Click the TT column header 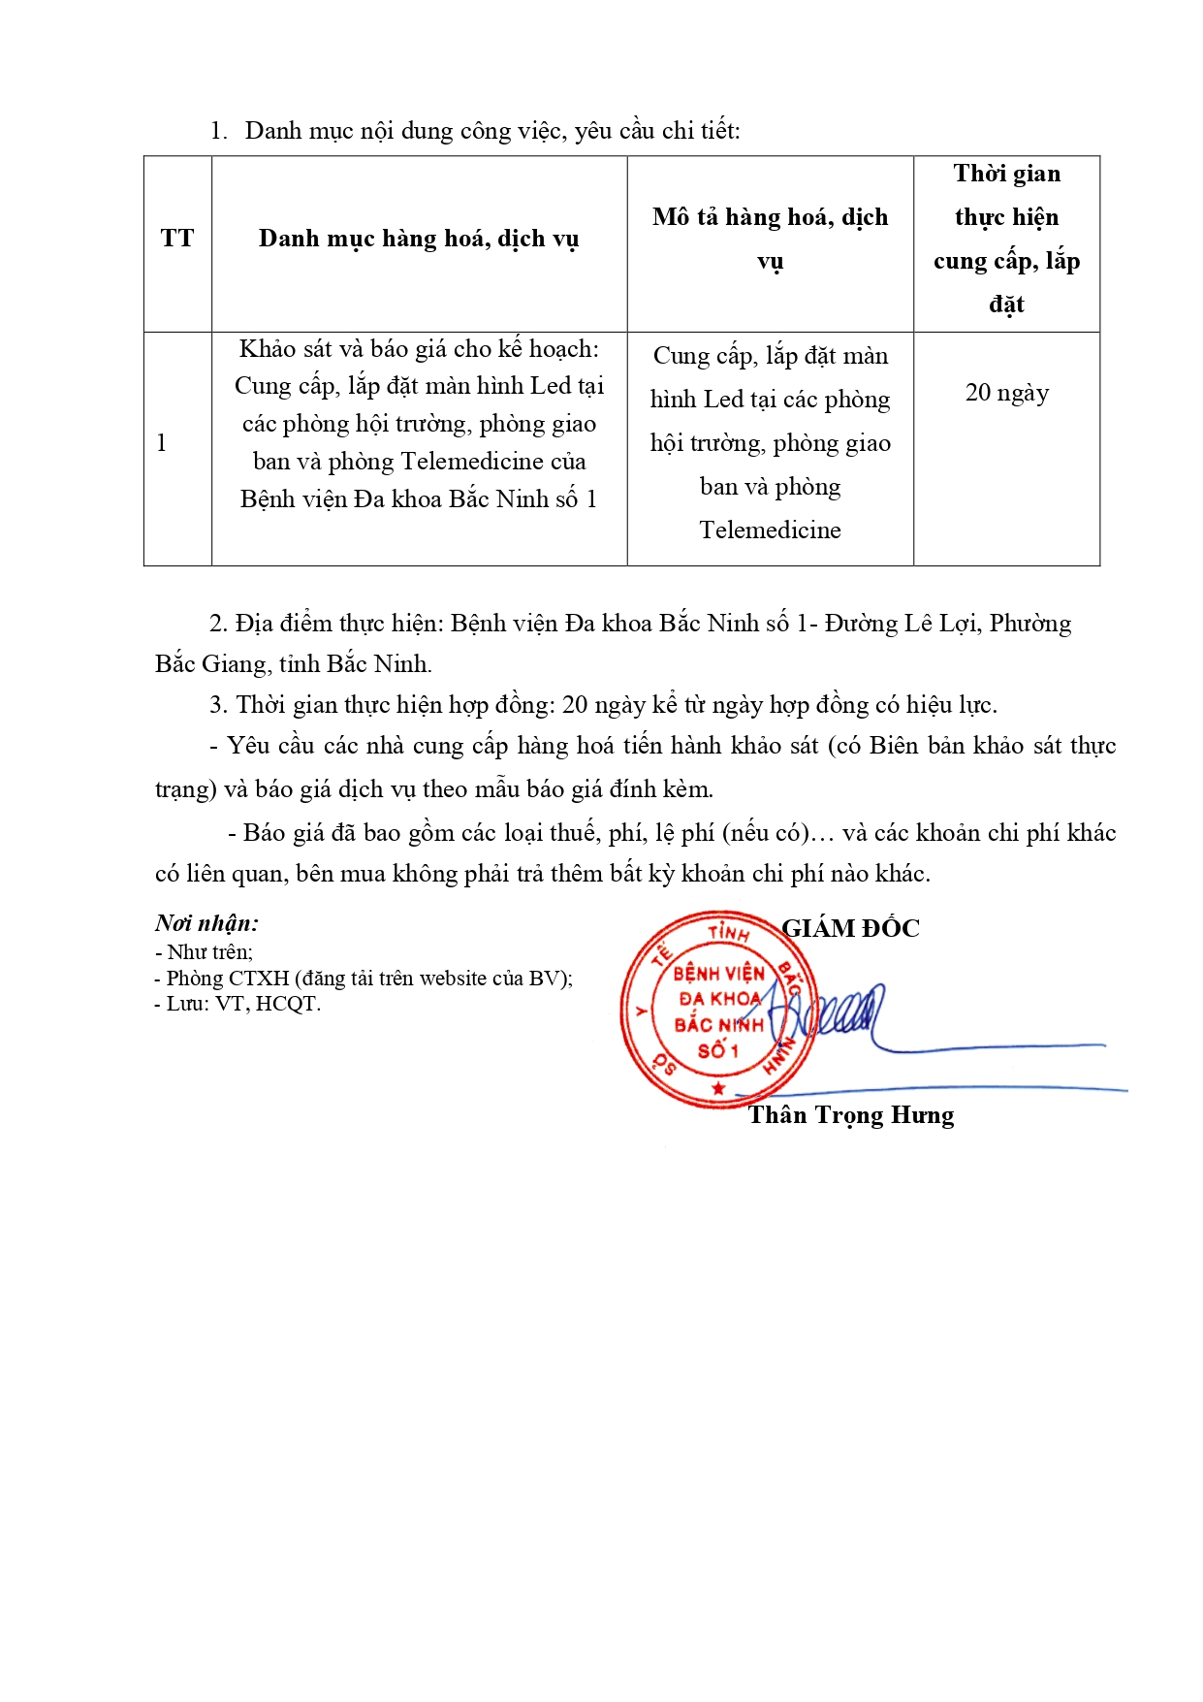pyautogui.click(x=177, y=239)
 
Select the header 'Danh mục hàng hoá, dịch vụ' pyautogui.click(x=419, y=239)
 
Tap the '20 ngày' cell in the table pyautogui.click(x=1006, y=393)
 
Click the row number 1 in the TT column pyautogui.click(x=162, y=443)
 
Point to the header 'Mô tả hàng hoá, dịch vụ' pyautogui.click(x=770, y=239)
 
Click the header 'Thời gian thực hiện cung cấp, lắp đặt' pyautogui.click(x=1006, y=239)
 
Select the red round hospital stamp pyautogui.click(x=718, y=1009)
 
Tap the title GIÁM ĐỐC pyautogui.click(x=850, y=929)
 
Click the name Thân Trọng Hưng pyautogui.click(x=850, y=1115)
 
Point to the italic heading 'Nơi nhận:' pyautogui.click(x=206, y=923)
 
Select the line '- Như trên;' pyautogui.click(x=205, y=951)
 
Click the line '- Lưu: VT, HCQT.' pyautogui.click(x=237, y=1004)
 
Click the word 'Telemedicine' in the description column pyautogui.click(x=770, y=530)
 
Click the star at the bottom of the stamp pyautogui.click(x=718, y=1088)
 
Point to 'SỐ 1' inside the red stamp pyautogui.click(x=718, y=1051)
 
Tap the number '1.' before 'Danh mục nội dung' pyautogui.click(x=219, y=131)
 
